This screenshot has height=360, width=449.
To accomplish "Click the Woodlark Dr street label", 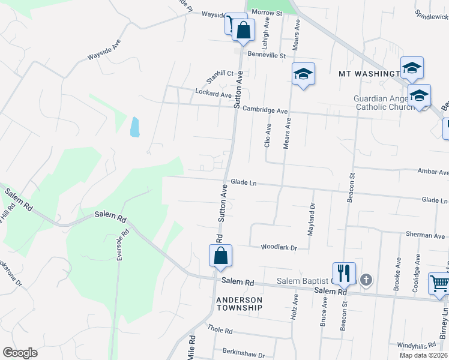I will click(x=279, y=247).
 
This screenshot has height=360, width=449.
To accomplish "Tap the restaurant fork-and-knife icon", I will click(x=344, y=274).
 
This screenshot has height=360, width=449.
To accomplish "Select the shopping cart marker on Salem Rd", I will click(x=439, y=283).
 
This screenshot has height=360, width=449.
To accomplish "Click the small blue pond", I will click(x=134, y=127).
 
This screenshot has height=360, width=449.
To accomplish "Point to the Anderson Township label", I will click(x=240, y=304).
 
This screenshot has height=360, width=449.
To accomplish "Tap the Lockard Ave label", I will click(x=213, y=94).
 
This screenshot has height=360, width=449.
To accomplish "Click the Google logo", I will click(x=20, y=352).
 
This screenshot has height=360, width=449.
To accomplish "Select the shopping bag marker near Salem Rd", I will click(x=220, y=256).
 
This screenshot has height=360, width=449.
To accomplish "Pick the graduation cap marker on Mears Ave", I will click(x=303, y=74).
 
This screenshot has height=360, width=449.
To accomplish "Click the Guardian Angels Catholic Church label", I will click(x=382, y=103).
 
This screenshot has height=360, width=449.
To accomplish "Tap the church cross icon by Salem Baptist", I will click(x=366, y=280).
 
